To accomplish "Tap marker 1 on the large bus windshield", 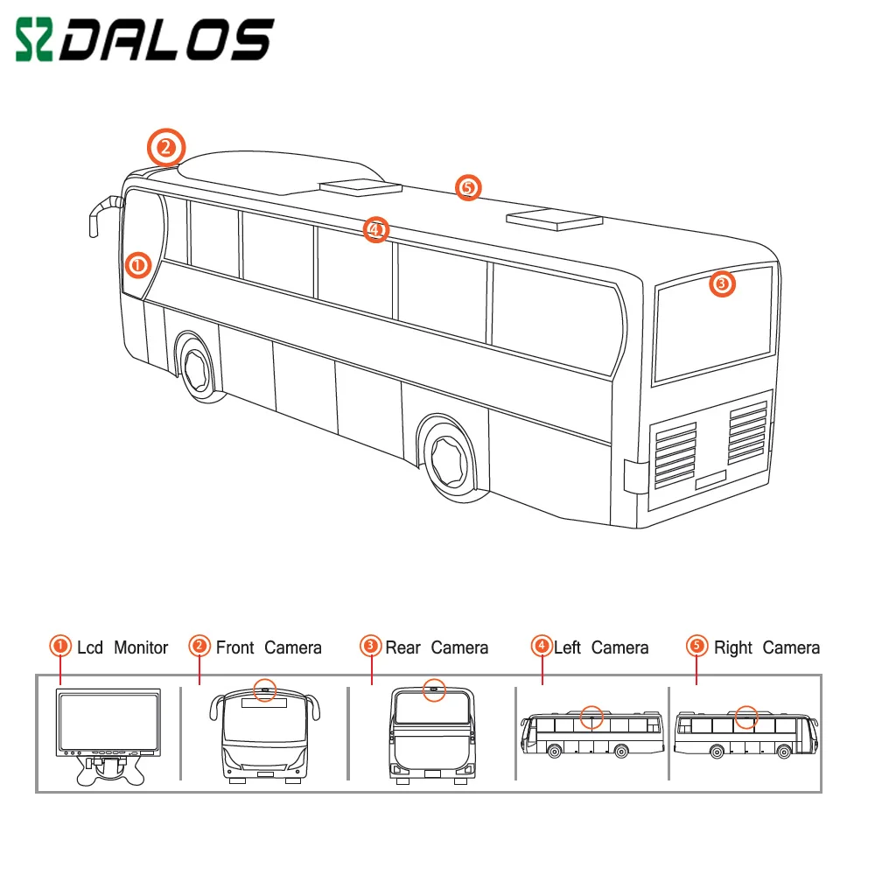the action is pos(137,263).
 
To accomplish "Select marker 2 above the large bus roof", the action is pos(166,145).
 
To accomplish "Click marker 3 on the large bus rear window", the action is pos(721,283).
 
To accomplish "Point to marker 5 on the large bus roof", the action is pos(468,186).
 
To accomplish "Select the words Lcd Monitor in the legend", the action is pos(122,648).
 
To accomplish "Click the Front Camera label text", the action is pos(269,648).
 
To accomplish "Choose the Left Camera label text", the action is pos(601,648).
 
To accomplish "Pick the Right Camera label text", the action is pos(766,648).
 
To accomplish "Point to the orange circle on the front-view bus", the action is pos(264,689).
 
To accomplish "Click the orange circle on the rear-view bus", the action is pos(432,689).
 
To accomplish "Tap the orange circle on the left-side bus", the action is pos(592,717).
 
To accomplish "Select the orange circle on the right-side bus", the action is pos(745,717).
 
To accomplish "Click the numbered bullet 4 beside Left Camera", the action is pos(542,647).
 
